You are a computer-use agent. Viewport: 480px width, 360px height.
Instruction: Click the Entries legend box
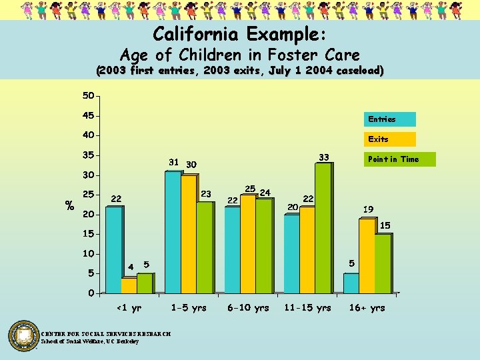coord(389,119)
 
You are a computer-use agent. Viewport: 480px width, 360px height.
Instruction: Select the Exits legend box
coord(389,139)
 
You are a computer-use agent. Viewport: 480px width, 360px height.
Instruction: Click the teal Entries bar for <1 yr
coord(113,250)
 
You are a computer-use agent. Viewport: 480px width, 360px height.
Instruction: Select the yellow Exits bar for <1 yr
coord(128,285)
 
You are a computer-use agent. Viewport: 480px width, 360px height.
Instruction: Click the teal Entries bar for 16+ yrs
coord(351,283)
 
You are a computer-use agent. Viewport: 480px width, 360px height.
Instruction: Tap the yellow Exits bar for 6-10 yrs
coord(247,244)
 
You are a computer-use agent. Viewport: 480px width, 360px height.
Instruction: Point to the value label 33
coord(324,157)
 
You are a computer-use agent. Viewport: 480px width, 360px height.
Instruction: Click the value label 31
coord(173,162)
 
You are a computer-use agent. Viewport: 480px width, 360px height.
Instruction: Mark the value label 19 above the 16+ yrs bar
coord(368,209)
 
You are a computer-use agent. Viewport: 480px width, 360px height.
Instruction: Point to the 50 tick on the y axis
coord(88,96)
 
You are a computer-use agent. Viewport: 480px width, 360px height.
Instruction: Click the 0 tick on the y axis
coord(91,293)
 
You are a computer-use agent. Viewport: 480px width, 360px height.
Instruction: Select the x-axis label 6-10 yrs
coord(248,308)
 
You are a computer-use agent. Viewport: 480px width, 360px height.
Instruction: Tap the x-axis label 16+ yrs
coord(367,308)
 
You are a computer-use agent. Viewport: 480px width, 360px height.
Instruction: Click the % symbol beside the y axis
coord(69,206)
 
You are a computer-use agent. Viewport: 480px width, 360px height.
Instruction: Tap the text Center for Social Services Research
coord(106,334)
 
